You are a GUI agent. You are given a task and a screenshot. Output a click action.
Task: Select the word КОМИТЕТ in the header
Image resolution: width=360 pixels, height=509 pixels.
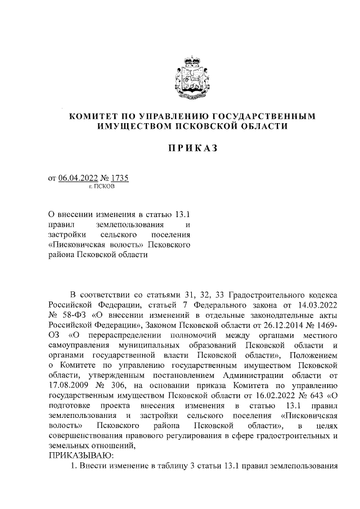click(x=92, y=116)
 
